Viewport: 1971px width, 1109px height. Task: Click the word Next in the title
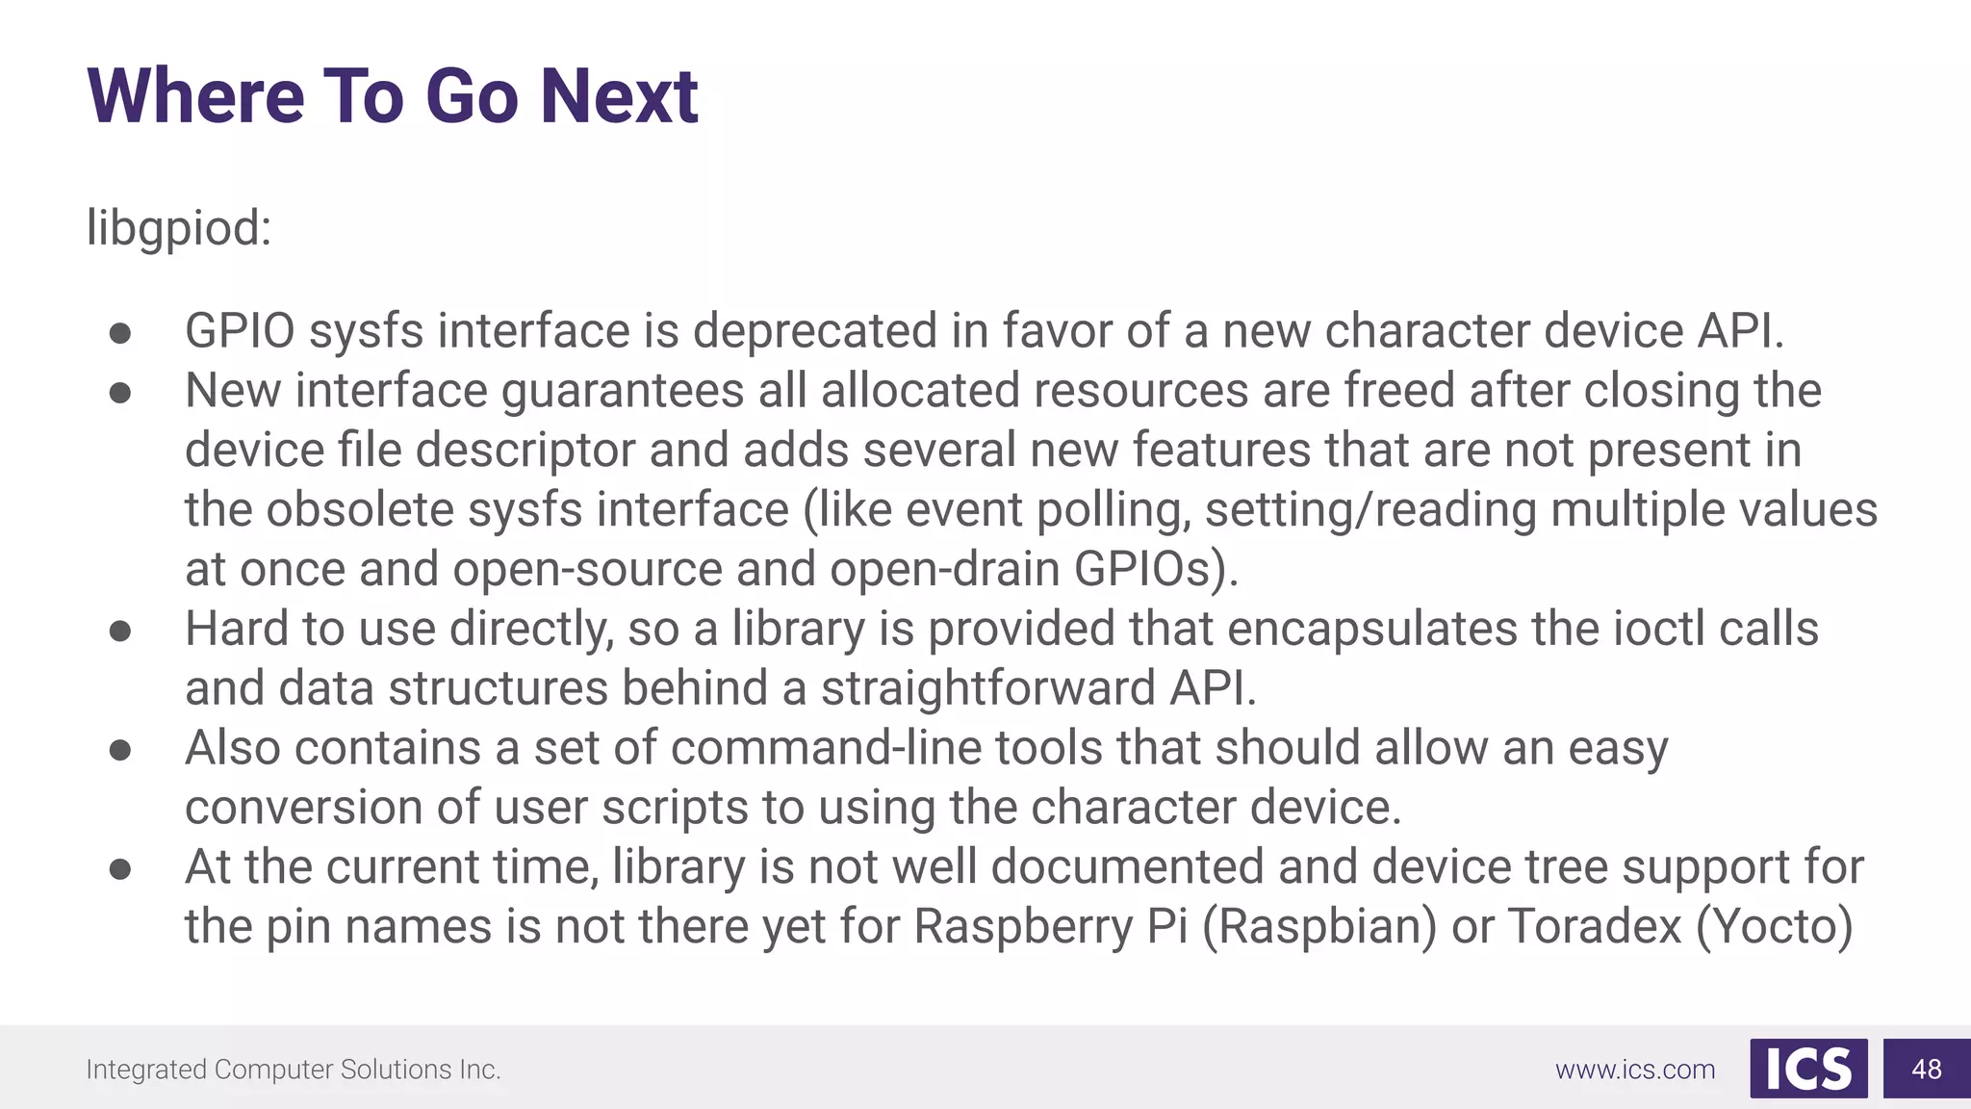(618, 96)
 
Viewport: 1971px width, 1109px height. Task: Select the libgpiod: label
(179, 229)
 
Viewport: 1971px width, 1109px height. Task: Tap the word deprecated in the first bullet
(814, 331)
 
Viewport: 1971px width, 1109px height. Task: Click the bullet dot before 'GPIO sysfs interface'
(120, 333)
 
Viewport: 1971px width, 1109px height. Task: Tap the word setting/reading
(1370, 510)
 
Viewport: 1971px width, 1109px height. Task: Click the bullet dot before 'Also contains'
(120, 750)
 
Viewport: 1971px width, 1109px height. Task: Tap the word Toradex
(1594, 927)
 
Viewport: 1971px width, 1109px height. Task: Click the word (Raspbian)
(1319, 927)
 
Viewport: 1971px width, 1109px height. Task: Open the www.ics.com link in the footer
(1634, 1070)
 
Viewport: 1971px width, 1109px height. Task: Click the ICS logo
(1808, 1069)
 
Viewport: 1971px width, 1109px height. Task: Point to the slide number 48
(1926, 1070)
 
